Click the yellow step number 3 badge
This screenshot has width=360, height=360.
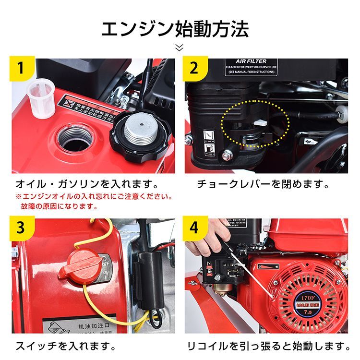tap(20, 228)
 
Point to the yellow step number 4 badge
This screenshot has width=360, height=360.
tap(193, 228)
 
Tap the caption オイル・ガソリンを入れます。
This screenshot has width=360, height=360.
tap(86, 184)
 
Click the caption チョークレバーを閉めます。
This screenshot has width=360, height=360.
tap(264, 184)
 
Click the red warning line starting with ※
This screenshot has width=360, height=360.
tap(94, 197)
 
